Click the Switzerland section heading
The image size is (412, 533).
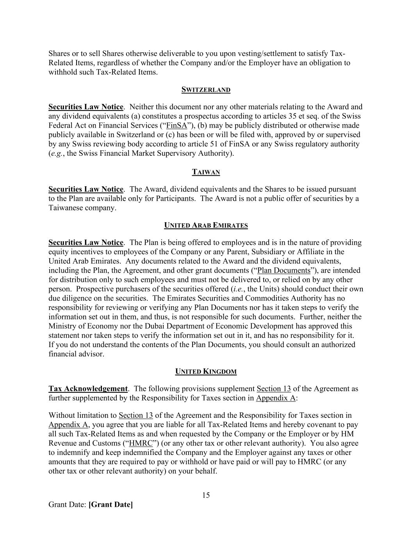coord(206,90)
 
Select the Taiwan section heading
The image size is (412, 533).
coord(206,172)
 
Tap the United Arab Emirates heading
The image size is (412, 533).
coord(206,225)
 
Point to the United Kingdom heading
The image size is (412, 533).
coord(206,371)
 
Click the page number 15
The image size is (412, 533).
coord(206,495)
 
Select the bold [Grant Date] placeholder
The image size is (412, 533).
coord(111,504)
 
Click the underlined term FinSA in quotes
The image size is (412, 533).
coord(177,125)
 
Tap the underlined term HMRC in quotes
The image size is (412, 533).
coord(141,443)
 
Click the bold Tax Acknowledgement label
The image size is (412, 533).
coord(88,389)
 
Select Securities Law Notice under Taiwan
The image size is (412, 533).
coord(86,189)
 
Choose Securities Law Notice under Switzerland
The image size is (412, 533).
coord(86,107)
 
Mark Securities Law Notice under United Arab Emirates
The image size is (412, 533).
coord(86,242)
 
